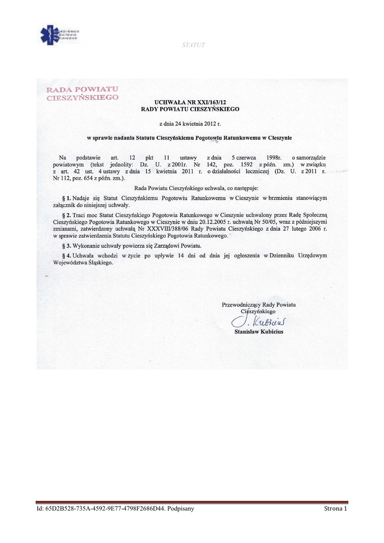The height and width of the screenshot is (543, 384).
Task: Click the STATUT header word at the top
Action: click(193, 45)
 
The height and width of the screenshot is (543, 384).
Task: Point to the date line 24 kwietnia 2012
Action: click(190, 124)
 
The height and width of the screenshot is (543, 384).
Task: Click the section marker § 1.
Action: click(66, 198)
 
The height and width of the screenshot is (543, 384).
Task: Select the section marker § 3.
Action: click(66, 246)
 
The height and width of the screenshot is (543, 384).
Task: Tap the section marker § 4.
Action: click(66, 256)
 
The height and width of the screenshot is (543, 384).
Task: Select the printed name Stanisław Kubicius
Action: click(258, 332)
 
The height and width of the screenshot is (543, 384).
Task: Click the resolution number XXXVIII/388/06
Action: click(162, 229)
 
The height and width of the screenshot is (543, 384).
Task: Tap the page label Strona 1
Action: click(335, 509)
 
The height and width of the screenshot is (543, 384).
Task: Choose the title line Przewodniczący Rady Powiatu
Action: click(258, 304)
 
